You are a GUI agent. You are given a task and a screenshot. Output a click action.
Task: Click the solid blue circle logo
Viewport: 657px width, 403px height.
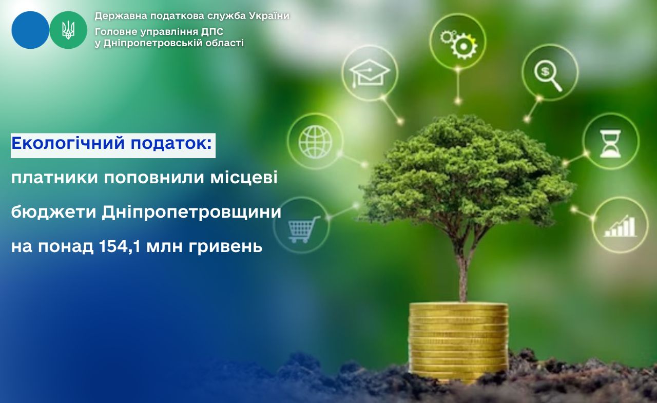tap(30, 30)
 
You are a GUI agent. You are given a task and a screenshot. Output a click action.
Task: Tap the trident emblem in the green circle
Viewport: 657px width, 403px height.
tap(68, 30)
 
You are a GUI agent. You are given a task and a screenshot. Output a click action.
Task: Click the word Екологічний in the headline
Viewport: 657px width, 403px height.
tap(68, 143)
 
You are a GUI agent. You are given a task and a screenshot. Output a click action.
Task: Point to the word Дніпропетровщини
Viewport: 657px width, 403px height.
tap(191, 212)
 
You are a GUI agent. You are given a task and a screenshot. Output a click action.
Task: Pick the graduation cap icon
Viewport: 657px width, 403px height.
tap(370, 73)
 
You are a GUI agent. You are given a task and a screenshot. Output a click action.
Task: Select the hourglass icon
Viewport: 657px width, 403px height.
tap(610, 144)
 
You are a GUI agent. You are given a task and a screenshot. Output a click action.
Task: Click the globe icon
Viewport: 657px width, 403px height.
tap(315, 142)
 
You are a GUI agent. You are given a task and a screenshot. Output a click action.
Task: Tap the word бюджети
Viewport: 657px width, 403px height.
tap(54, 212)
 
